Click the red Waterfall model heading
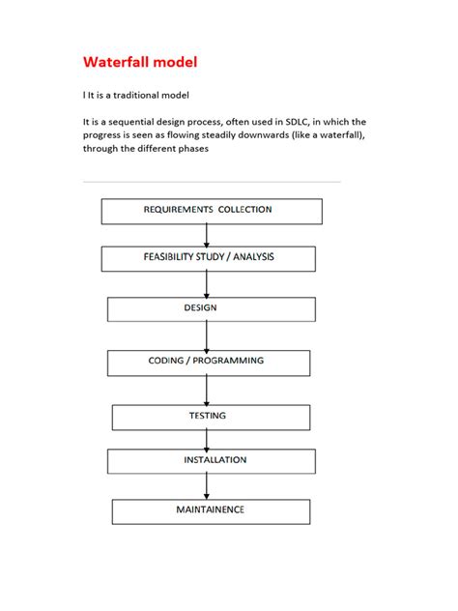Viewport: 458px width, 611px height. click(140, 63)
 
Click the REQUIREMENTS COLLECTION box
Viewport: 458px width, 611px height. click(212, 211)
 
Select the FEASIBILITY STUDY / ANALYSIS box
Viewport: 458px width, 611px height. click(208, 258)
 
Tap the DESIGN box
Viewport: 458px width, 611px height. click(211, 308)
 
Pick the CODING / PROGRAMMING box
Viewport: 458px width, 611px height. click(208, 362)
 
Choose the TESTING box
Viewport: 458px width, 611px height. click(211, 417)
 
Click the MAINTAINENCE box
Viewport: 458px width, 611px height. click(211, 510)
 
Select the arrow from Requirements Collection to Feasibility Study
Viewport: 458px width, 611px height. click(207, 235)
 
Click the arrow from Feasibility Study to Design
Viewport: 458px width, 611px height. click(207, 283)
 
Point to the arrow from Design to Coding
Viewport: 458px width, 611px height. click(207, 335)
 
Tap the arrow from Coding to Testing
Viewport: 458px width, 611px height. click(207, 390)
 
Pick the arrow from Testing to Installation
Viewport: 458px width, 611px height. click(207, 439)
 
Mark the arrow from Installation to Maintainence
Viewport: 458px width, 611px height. click(207, 486)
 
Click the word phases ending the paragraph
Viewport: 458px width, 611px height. click(190, 149)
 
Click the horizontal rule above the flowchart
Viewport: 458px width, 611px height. click(212, 182)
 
